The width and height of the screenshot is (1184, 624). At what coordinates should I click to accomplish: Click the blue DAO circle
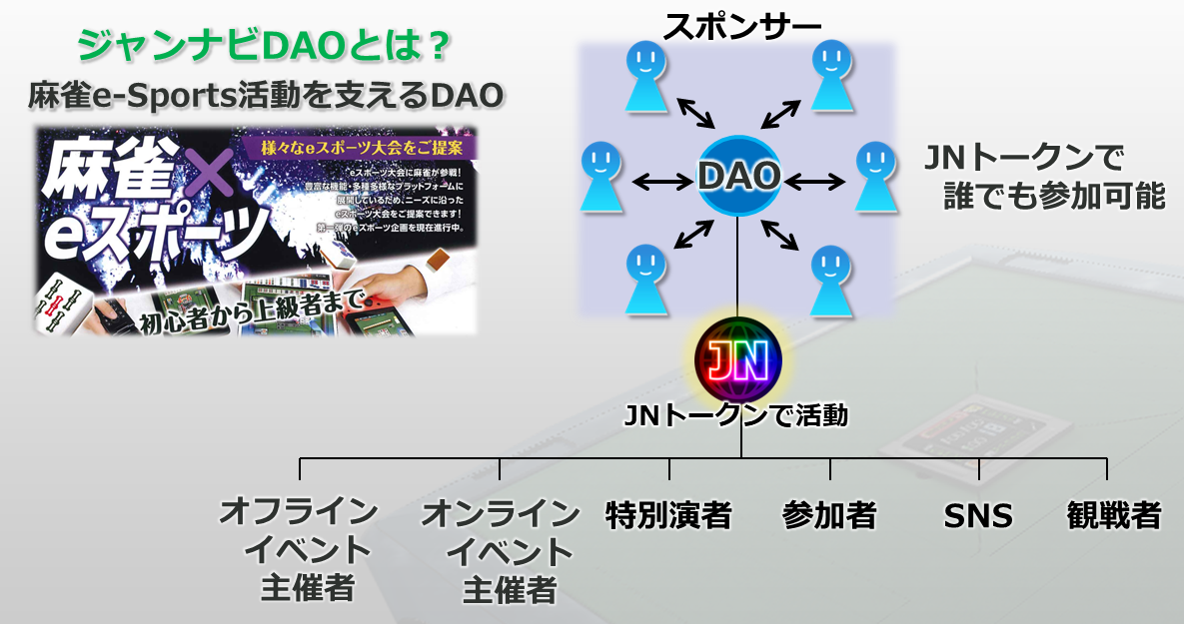click(x=738, y=177)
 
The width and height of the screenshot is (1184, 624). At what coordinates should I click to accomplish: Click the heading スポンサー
click(x=737, y=21)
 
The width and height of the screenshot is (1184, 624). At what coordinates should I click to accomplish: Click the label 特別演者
click(x=668, y=515)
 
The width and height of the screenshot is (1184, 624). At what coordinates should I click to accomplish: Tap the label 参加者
click(x=829, y=515)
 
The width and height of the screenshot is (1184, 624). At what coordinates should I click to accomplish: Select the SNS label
click(x=978, y=516)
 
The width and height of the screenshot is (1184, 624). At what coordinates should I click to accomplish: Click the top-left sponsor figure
click(x=644, y=75)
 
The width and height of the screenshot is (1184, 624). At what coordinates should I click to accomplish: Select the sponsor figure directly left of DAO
click(x=601, y=174)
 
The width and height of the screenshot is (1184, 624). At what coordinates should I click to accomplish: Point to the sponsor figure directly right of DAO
click(x=874, y=175)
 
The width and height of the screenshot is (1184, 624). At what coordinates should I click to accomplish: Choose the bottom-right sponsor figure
click(x=830, y=279)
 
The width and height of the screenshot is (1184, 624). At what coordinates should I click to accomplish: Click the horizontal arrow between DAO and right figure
click(x=816, y=181)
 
